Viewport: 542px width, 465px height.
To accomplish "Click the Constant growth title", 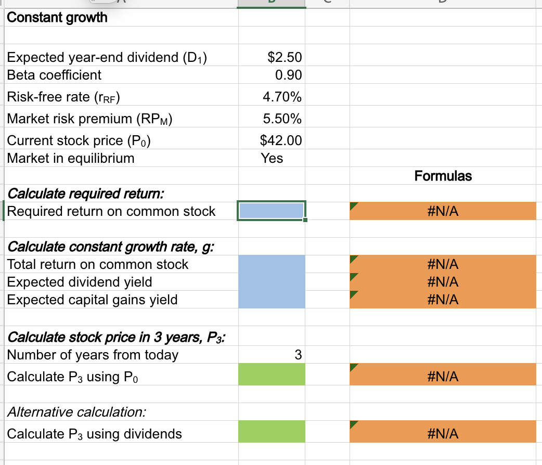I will [57, 18].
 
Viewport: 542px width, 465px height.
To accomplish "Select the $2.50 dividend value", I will [284, 57].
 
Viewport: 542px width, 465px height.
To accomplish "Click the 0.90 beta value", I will [288, 75].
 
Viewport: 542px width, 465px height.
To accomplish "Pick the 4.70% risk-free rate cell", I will [282, 97].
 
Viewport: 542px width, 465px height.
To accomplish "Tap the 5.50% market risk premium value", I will [282, 119].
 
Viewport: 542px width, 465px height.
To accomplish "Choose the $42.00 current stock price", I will [281, 140].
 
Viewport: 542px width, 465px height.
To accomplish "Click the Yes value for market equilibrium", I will [272, 158].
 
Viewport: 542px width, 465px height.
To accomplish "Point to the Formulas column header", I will [443, 176].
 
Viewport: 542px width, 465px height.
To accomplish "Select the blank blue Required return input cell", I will [270, 211].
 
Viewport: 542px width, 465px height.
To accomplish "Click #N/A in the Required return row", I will [443, 211].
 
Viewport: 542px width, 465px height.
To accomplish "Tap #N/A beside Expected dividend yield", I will [443, 282].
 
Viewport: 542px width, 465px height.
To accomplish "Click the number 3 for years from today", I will [298, 355].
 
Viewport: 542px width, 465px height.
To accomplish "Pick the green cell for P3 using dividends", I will [272, 433].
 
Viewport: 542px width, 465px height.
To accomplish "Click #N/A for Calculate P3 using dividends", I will [443, 433].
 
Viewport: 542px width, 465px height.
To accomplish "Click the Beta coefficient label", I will [54, 75].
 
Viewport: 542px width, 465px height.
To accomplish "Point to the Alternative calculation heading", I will [76, 412].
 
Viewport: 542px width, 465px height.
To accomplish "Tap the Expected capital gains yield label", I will [92, 300].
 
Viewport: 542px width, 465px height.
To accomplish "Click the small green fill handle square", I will [305, 221].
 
